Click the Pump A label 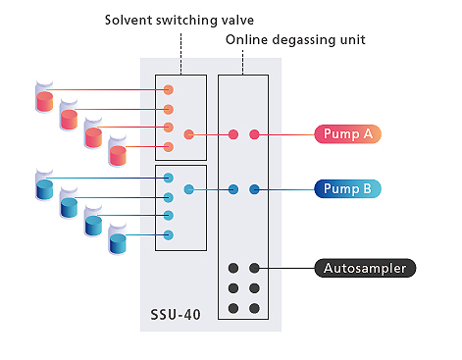point(347,134)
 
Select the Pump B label point(347,188)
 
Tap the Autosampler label point(366,267)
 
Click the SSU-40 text point(177,317)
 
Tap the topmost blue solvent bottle point(43,185)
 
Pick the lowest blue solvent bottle point(119,243)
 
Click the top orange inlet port point(168,90)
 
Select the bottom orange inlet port point(168,147)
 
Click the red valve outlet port point(189,134)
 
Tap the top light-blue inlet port point(168,178)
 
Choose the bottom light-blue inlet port point(168,234)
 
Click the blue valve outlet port point(189,188)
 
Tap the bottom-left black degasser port point(233,308)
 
